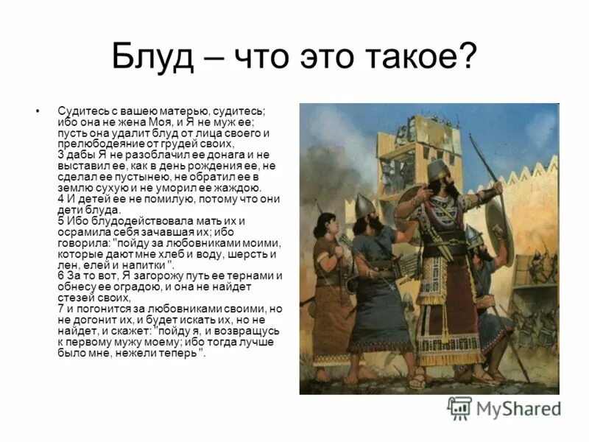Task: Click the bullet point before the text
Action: pyautogui.click(x=38, y=111)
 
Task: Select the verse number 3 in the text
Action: pyautogui.click(x=60, y=156)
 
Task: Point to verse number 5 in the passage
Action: pyautogui.click(x=60, y=220)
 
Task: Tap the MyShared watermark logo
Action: pyautogui.click(x=504, y=407)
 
